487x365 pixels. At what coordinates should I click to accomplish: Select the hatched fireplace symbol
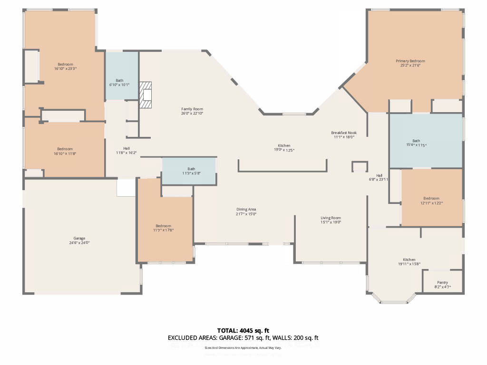(x=146, y=95)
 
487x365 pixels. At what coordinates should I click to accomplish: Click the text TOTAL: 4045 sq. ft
(x=243, y=330)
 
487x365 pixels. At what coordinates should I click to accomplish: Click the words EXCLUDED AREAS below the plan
(x=192, y=338)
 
